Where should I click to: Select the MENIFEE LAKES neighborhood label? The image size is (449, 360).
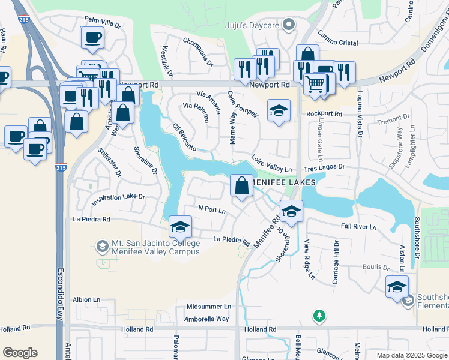[x=286, y=183]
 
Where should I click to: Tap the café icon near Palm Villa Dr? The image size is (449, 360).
[x=92, y=38]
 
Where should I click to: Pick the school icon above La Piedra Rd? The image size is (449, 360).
[x=179, y=227]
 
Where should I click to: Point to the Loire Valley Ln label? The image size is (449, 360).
[x=271, y=164]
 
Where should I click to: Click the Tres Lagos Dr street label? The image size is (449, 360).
[x=325, y=167]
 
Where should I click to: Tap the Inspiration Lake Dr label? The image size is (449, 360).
[x=117, y=197]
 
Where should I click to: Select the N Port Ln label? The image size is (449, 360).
[x=212, y=210]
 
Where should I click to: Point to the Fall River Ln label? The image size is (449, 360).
[x=358, y=227]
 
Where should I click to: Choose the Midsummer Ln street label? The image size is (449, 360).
[x=208, y=307]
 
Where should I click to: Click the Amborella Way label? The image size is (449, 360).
[x=206, y=319]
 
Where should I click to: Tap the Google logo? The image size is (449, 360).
[x=20, y=353]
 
